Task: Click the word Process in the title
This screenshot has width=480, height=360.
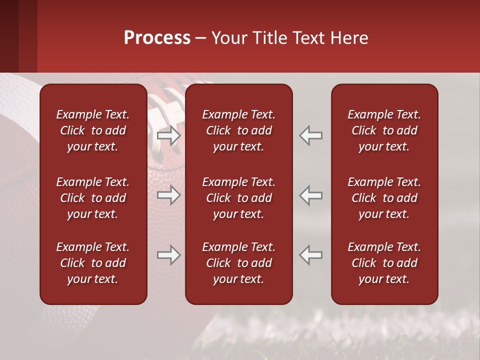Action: click(157, 38)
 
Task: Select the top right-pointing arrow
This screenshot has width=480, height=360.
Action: click(168, 135)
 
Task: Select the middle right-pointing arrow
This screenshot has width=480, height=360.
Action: click(168, 195)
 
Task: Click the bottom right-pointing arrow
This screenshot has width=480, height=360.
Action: click(168, 255)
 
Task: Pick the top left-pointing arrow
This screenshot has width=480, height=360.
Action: click(311, 135)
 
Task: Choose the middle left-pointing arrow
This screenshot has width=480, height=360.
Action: click(311, 195)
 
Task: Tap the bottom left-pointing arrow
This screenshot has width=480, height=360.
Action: click(311, 255)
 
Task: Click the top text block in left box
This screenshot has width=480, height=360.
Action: click(93, 130)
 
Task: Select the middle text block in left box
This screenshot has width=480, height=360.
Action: click(93, 198)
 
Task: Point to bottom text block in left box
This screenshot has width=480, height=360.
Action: click(93, 263)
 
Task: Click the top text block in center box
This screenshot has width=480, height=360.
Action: click(238, 130)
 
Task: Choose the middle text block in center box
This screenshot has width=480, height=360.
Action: click(238, 198)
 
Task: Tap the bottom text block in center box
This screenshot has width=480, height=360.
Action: click(238, 263)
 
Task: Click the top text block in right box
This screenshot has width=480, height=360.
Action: click(384, 130)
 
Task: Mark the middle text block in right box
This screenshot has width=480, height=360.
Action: click(384, 198)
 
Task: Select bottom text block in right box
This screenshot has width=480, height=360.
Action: click(384, 263)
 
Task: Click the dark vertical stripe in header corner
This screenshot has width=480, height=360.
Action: click(9, 36)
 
